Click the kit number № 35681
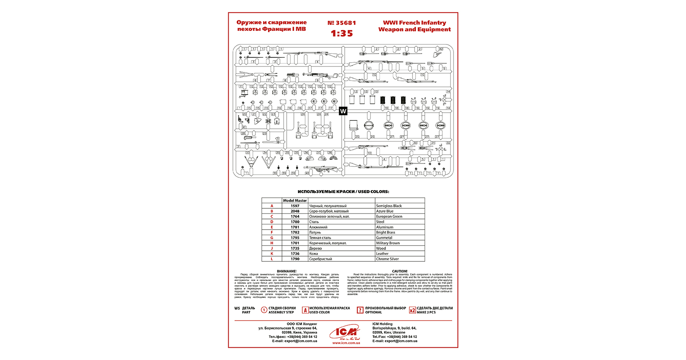(341, 23)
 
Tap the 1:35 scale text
(342, 33)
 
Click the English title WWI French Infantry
(414, 22)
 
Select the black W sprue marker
(343, 111)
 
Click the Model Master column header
(295, 200)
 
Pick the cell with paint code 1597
(295, 206)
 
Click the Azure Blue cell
(384, 211)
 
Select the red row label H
(272, 243)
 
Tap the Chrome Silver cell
(387, 259)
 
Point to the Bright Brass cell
(385, 232)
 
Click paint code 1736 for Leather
(295, 254)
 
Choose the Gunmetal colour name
(384, 238)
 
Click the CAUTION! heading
(400, 271)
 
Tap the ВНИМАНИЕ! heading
(287, 271)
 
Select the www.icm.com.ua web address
(346, 343)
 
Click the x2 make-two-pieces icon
(412, 310)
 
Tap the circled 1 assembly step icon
(264, 310)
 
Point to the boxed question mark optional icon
(360, 310)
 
